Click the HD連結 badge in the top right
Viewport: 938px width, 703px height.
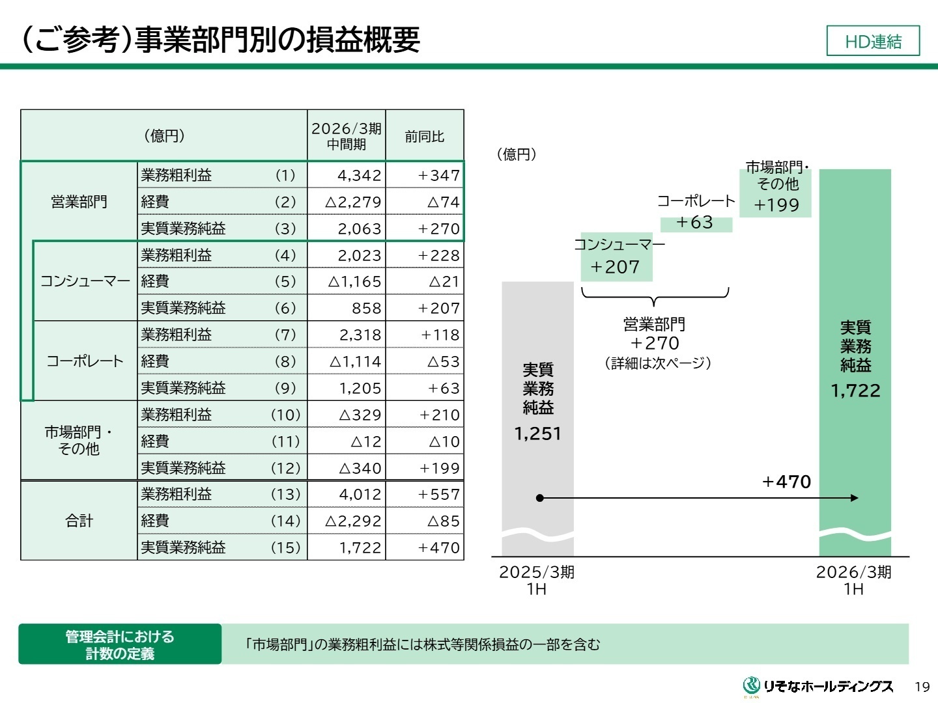[873, 41]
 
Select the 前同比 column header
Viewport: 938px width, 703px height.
[424, 136]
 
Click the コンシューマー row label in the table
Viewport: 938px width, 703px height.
[85, 281]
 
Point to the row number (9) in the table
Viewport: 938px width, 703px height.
[285, 389]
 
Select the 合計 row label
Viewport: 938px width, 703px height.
[79, 521]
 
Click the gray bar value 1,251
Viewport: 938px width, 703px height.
[537, 434]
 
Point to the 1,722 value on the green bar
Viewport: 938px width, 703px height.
[855, 391]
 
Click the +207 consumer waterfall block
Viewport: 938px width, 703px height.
[616, 267]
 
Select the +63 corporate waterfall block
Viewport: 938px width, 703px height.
[695, 223]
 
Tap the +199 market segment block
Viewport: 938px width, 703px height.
[776, 205]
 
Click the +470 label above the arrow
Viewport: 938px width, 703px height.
[786, 482]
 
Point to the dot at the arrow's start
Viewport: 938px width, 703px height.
[539, 498]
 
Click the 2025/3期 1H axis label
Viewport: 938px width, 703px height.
[537, 580]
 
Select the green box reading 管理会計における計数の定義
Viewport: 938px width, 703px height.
[120, 644]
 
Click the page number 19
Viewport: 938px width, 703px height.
[922, 687]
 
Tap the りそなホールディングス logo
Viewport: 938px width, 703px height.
[818, 686]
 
